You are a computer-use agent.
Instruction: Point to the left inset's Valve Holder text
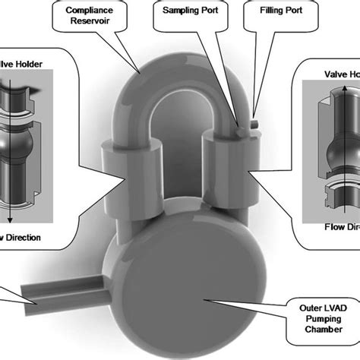pyautogui.click(x=23, y=65)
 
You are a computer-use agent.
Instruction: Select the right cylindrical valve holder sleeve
pyautogui.click(x=227, y=160)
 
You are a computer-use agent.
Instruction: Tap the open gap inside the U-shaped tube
pyautogui.click(x=182, y=137)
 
